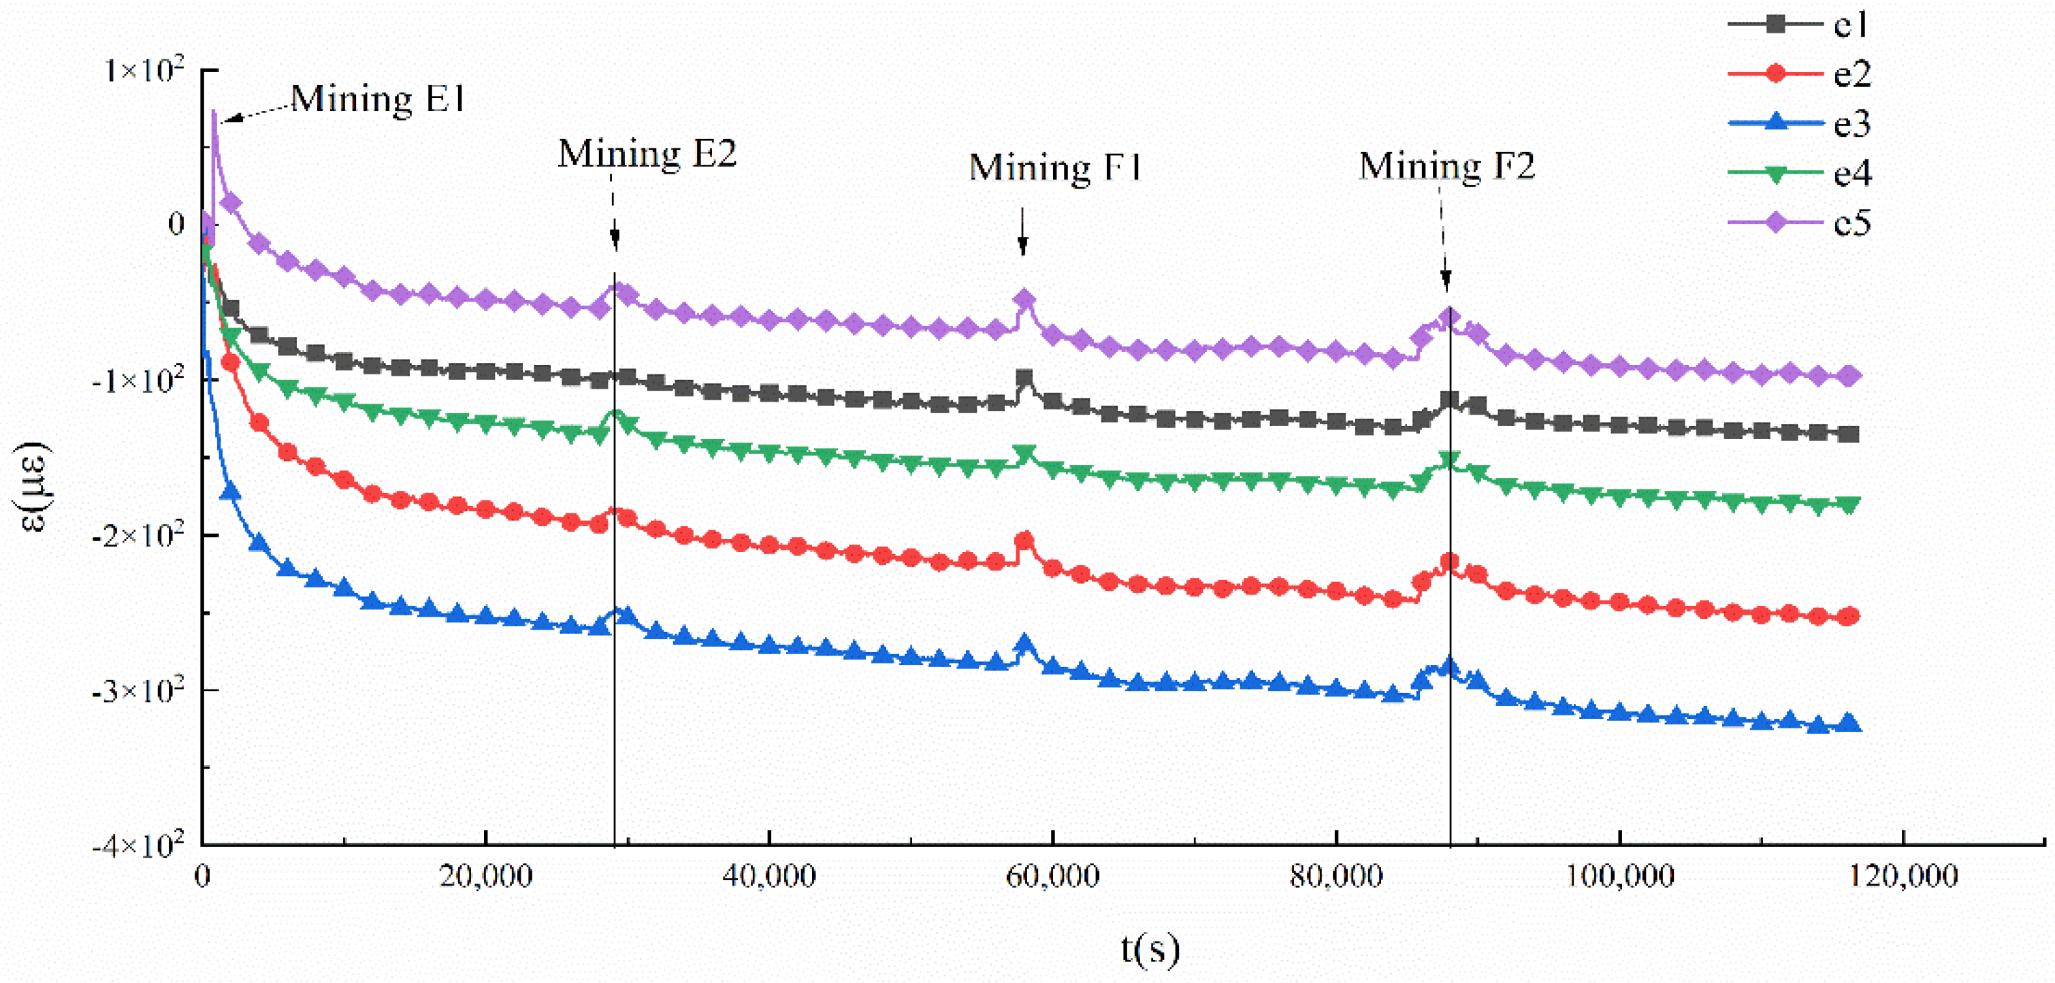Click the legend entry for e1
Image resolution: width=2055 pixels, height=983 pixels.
tap(1799, 25)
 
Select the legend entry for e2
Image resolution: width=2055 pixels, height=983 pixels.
tap(1799, 74)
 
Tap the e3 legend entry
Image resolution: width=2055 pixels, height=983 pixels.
tap(1799, 124)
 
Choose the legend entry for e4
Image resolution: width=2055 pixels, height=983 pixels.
tap(1799, 173)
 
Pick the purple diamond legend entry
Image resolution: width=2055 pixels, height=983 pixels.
tap(1799, 223)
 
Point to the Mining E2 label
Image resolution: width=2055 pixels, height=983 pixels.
tap(646, 154)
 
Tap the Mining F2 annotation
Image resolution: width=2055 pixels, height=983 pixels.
tap(1446, 167)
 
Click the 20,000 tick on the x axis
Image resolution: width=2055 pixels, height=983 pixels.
tap(485, 877)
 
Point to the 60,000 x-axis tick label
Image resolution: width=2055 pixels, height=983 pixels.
tap(1052, 877)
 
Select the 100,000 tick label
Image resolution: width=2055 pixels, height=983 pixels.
tap(1619, 877)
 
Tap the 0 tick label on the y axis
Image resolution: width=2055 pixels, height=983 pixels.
tap(176, 224)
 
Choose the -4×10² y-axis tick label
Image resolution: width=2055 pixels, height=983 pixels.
tap(139, 843)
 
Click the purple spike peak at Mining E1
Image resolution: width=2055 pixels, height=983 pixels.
tap(214, 114)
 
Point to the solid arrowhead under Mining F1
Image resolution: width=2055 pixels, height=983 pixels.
tap(1022, 246)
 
